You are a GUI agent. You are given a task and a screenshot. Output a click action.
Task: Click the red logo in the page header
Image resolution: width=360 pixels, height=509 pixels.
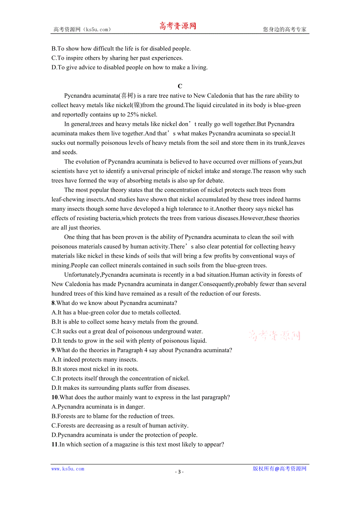[177, 26]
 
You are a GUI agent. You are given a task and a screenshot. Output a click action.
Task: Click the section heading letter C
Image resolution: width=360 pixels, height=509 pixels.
[180, 86]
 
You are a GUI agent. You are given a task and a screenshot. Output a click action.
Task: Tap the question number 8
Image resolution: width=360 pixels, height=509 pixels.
[53, 303]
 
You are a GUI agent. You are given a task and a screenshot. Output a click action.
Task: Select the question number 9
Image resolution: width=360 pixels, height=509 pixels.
[53, 350]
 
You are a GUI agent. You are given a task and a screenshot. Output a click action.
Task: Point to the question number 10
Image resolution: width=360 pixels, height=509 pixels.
[55, 397]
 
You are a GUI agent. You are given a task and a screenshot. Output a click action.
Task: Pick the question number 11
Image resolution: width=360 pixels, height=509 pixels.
[55, 444]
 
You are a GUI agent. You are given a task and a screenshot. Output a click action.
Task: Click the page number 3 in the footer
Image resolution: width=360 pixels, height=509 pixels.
[179, 471]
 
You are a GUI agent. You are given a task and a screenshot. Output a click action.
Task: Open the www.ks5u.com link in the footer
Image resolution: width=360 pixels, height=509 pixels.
[68, 469]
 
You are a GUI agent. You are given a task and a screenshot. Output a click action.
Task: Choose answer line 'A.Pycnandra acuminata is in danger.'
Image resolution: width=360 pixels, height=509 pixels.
[98, 407]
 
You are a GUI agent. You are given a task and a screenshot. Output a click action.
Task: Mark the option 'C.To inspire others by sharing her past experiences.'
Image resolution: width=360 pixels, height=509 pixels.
[117, 58]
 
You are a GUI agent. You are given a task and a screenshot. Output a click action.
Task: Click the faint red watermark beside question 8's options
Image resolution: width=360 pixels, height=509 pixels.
[274, 335]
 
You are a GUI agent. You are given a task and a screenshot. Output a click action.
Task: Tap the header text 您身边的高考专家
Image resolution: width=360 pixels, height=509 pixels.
[284, 29]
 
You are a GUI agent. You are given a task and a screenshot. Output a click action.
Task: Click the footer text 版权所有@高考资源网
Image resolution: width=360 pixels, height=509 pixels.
[279, 469]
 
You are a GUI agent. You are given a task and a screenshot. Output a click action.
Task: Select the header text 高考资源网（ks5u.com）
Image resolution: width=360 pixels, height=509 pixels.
[82, 29]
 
